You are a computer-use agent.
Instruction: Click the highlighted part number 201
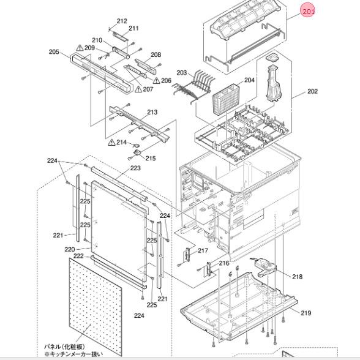point(309,12)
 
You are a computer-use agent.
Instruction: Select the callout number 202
point(312,92)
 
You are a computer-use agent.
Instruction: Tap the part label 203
point(181,73)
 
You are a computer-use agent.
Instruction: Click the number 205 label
point(54,52)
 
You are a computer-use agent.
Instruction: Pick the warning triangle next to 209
point(80,47)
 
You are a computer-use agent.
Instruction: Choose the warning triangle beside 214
point(111,142)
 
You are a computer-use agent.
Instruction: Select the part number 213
point(152,112)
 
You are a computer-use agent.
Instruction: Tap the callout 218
point(297,277)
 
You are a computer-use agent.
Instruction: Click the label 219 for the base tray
point(304,312)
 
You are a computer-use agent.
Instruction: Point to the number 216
point(224,263)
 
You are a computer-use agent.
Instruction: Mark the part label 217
point(203,250)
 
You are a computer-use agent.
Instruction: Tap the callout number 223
point(135,168)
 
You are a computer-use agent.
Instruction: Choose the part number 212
point(122,21)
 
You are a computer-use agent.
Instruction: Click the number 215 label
point(151,159)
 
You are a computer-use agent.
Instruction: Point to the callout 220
point(69,249)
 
